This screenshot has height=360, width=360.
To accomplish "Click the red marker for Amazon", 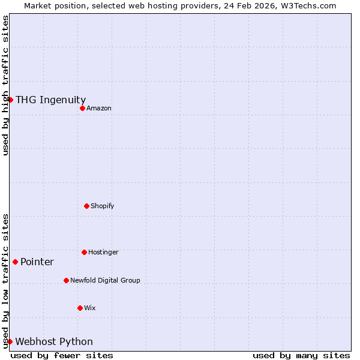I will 82,108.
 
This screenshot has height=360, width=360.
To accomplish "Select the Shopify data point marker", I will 86,206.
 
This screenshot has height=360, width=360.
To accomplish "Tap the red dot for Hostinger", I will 84,252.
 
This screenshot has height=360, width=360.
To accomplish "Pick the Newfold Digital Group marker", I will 66,280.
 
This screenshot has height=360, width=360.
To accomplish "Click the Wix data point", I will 80,308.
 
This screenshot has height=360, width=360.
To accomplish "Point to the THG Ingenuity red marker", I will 10,100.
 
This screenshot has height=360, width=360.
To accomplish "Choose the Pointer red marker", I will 15,262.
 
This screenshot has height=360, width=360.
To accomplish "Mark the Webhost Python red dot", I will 10,341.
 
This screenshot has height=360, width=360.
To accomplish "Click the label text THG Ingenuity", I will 50,100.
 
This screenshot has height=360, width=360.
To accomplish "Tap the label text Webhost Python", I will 54,342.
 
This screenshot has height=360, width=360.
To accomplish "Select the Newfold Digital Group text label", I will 105,280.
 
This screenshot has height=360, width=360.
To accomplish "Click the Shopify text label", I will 102,206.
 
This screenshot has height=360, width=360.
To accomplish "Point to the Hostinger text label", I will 103,252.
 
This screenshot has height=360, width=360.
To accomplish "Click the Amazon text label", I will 99,108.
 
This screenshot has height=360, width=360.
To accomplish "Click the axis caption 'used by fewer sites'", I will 62,355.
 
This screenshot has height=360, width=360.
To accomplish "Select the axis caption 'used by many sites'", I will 301,355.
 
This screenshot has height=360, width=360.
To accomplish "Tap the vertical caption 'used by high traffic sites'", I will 5,85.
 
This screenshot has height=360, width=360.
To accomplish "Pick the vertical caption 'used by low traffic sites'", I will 5,281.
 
